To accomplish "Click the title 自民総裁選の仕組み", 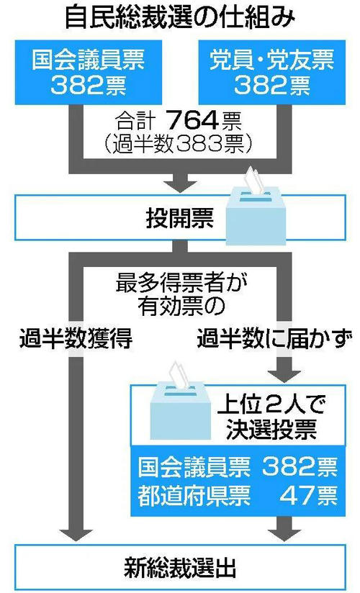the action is (180, 17).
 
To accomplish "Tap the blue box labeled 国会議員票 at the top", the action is (89, 72).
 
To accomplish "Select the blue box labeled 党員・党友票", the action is (271, 72).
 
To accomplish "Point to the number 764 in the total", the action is (192, 122).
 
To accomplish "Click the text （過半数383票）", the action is (179, 144).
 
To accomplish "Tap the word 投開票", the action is (180, 218).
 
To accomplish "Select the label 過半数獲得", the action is (76, 338).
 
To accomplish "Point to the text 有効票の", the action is (181, 307).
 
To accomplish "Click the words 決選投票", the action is (271, 430).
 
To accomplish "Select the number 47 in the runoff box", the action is (297, 495).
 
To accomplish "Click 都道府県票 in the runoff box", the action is (194, 496).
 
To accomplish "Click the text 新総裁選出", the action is (180, 569).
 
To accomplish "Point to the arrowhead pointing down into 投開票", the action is (180, 183).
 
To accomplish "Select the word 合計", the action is (135, 122).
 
